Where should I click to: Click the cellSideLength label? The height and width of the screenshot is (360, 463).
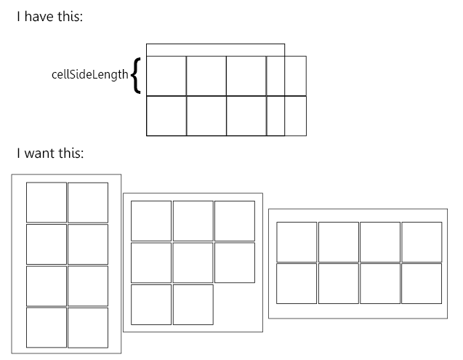89,75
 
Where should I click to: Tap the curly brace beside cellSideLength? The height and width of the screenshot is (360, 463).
137,76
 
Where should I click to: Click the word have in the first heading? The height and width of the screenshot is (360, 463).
41,17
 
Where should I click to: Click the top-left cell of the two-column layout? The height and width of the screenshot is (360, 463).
47,202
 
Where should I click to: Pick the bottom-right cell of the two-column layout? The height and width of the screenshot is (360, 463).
88,327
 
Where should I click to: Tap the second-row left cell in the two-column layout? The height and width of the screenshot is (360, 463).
47,244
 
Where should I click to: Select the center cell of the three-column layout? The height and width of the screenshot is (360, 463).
193,263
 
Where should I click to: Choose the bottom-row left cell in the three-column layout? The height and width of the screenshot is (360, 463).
151,304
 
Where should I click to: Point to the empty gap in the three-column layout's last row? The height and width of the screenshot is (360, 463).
235,304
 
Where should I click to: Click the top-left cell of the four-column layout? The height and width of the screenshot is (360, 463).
297,241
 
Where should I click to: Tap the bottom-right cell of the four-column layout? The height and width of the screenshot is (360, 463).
422,283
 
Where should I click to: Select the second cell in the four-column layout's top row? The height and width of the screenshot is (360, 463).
339,241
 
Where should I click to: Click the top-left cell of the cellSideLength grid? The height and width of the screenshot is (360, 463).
166,76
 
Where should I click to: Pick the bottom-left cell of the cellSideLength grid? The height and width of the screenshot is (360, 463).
166,116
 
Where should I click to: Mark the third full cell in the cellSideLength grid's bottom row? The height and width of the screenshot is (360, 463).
246,116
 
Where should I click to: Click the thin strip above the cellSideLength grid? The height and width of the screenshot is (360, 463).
215,49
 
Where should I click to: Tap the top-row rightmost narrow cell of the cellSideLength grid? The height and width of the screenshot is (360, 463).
296,76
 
